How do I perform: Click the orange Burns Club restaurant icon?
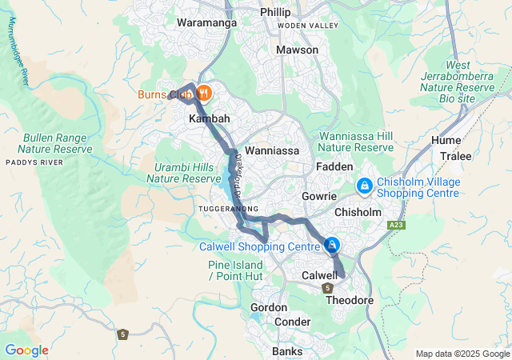click(203, 94)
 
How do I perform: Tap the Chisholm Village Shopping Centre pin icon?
click(364, 186)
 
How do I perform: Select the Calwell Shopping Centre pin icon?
click(332, 246)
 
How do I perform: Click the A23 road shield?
click(396, 226)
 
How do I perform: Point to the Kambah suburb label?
click(209, 118)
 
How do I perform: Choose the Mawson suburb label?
click(297, 50)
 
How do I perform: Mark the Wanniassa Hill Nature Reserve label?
click(355, 142)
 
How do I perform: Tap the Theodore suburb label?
click(350, 300)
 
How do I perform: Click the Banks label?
click(287, 351)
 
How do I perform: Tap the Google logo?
click(26, 350)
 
